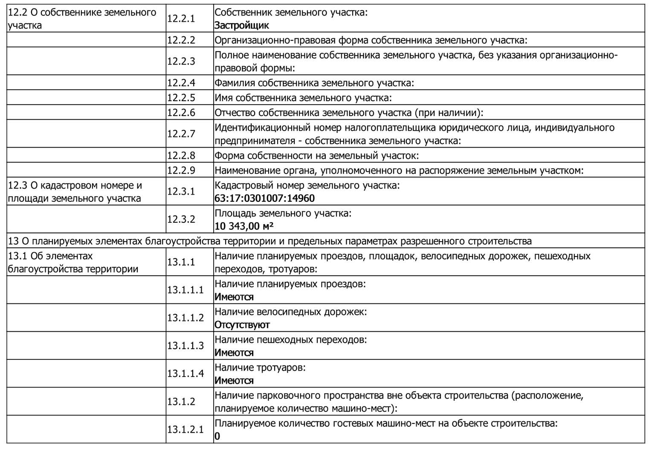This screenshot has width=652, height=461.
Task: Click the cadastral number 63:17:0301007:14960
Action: [264, 198]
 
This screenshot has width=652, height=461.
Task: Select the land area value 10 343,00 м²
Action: [244, 226]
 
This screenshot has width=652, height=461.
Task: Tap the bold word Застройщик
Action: [241, 25]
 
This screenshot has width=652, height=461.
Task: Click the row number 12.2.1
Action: [181, 18]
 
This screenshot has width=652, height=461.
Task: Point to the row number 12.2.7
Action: [181, 134]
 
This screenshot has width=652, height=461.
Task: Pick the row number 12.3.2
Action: [181, 219]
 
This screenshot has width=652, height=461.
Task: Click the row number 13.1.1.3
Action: [185, 345]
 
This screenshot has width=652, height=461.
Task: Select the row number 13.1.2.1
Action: [185, 429]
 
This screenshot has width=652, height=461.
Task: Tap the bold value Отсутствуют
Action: [242, 325]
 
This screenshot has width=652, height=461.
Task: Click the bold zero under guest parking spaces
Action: [217, 436]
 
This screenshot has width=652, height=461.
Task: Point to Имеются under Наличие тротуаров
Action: [234, 380]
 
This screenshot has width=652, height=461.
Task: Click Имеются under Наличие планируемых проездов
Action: [234, 297]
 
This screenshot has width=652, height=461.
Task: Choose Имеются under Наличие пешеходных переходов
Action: [234, 353]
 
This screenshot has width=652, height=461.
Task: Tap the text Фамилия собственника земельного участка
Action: [314, 82]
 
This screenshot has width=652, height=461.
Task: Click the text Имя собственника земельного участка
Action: [303, 97]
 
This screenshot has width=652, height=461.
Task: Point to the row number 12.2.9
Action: [181, 170]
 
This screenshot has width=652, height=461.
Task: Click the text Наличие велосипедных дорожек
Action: [290, 312]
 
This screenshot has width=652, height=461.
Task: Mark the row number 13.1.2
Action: [181, 402]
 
